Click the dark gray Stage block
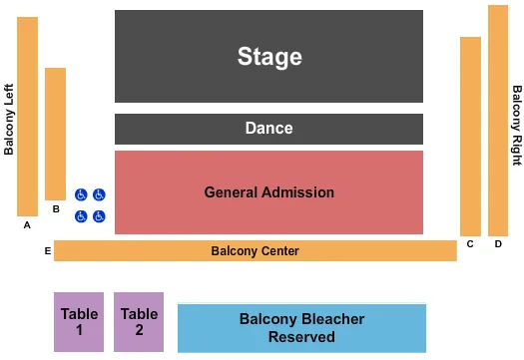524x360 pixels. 268,56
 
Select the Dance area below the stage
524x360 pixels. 268,129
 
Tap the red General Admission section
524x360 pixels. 268,192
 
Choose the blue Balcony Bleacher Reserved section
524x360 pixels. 301,328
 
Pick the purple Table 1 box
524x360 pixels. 79,322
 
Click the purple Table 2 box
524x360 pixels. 139,322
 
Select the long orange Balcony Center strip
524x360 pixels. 255,251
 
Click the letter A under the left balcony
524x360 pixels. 28,225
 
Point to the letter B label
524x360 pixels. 56,209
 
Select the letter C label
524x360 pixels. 470,244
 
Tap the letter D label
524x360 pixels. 498,244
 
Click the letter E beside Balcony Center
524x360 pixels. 47,250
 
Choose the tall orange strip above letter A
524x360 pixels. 28,116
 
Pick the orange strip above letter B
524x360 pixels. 55,134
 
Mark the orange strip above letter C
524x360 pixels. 470,136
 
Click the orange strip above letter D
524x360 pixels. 498,120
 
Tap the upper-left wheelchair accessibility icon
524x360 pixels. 81,195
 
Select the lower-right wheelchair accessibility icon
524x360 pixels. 99,216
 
